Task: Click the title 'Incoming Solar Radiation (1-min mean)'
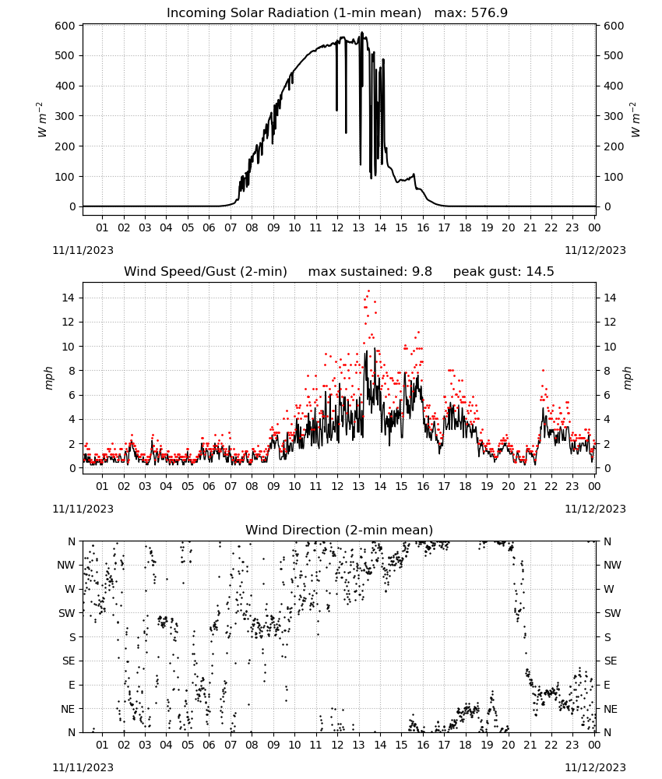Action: tap(294, 13)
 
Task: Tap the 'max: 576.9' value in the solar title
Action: tap(471, 13)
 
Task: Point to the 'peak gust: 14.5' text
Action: tap(504, 272)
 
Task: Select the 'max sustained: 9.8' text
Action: tap(370, 272)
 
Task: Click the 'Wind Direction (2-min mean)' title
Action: tap(340, 530)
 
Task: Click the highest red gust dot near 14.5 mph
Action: tap(368, 291)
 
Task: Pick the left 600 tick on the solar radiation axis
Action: tap(65, 26)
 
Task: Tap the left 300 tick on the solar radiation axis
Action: tap(65, 116)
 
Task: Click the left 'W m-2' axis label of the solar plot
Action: tap(42, 120)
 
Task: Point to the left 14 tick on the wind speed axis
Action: tap(69, 298)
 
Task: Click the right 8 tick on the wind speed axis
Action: tap(607, 371)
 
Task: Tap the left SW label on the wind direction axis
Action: tap(67, 614)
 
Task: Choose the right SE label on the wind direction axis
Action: tap(611, 661)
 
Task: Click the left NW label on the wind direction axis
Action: tap(66, 566)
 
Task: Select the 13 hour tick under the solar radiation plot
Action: tap(358, 228)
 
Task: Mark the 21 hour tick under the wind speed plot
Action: tap(530, 486)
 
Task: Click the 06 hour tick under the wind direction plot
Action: tap(209, 745)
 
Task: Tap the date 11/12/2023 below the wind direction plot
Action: tap(596, 767)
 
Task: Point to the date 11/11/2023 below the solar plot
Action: tap(83, 250)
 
